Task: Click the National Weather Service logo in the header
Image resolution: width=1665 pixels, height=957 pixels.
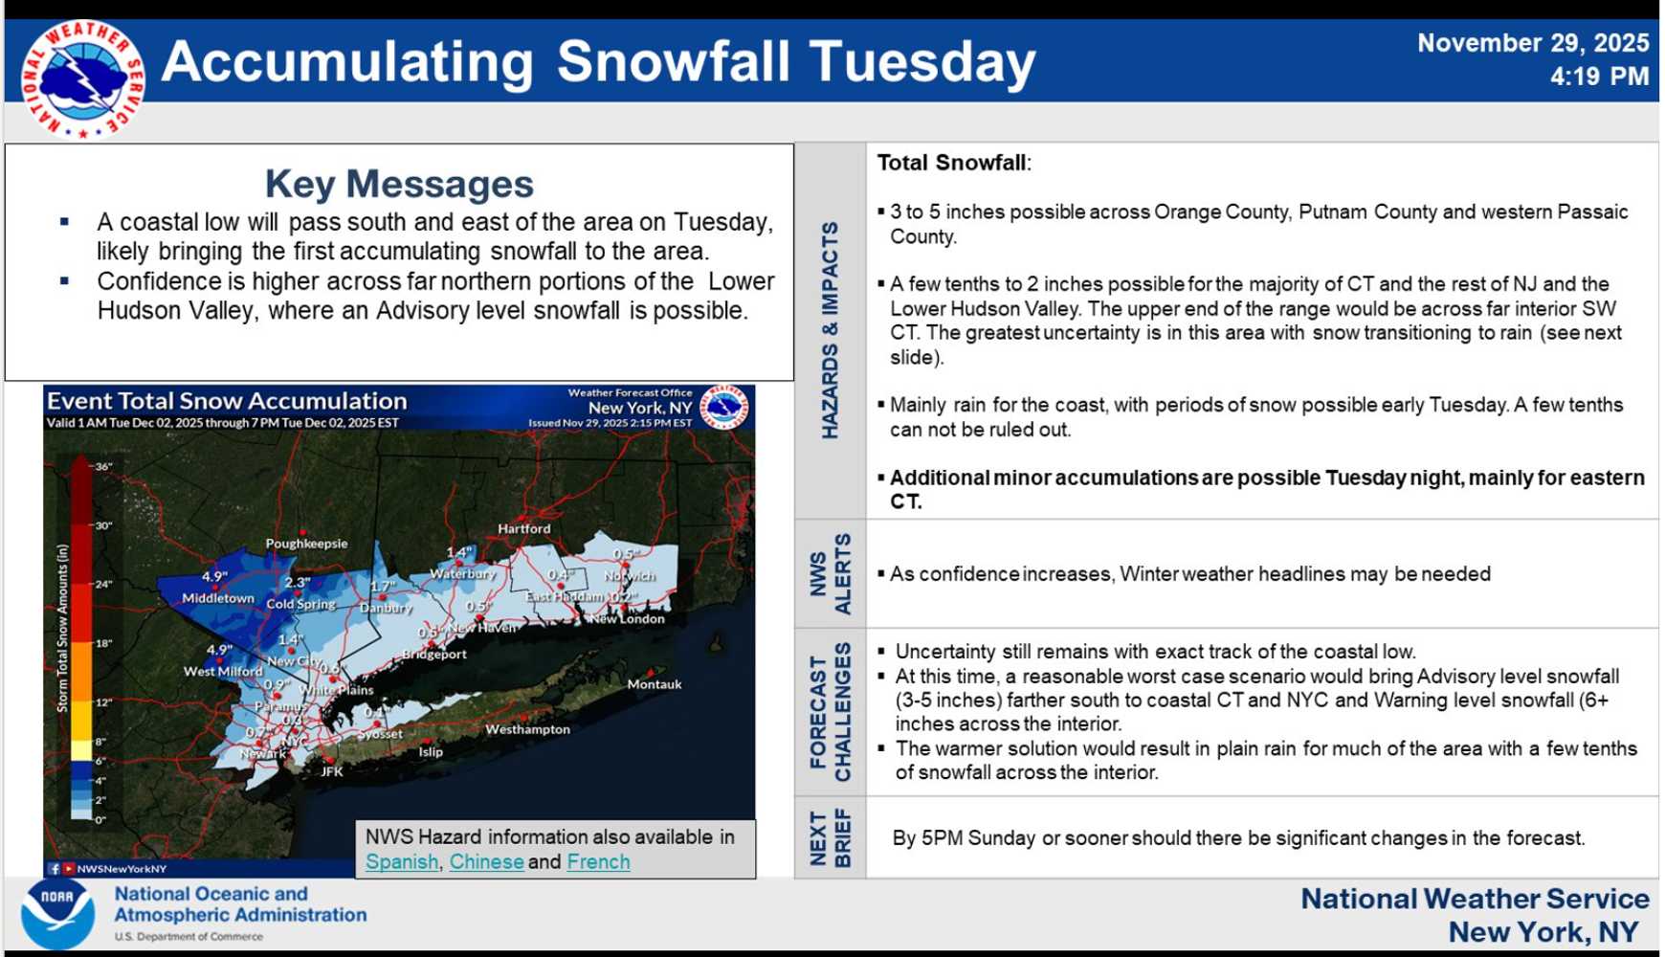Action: pyautogui.click(x=82, y=79)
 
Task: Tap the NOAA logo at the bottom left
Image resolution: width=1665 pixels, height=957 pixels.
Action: pyautogui.click(x=57, y=913)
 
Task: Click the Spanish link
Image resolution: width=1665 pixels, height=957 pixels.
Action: pyautogui.click(x=402, y=861)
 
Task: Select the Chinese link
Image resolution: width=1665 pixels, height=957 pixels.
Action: pyautogui.click(x=486, y=861)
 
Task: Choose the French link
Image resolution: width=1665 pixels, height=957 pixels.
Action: pyautogui.click(x=598, y=861)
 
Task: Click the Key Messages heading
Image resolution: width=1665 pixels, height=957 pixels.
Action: pyautogui.click(x=399, y=184)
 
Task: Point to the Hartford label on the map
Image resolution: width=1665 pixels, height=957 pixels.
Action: pyautogui.click(x=523, y=528)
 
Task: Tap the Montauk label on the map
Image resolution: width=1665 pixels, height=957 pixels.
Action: pyautogui.click(x=655, y=684)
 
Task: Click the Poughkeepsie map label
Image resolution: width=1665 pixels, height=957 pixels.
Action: pyautogui.click(x=306, y=544)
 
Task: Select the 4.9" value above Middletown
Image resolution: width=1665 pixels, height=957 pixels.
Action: pyautogui.click(x=214, y=577)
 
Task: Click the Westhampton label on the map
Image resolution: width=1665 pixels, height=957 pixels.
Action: pyautogui.click(x=527, y=729)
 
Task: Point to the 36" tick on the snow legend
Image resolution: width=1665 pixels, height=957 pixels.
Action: pyautogui.click(x=103, y=466)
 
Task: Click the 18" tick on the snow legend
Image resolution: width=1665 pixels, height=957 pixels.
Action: pyautogui.click(x=103, y=643)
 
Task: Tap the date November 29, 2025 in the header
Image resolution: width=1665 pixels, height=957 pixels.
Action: pyautogui.click(x=1532, y=43)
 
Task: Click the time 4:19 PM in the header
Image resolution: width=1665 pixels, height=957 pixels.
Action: pyautogui.click(x=1599, y=77)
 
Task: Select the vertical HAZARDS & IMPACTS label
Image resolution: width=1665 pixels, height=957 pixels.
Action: pyautogui.click(x=830, y=330)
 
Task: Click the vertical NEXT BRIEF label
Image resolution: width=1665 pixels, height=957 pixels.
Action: pyautogui.click(x=830, y=837)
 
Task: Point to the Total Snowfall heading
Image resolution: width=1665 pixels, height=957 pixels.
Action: pyautogui.click(x=953, y=163)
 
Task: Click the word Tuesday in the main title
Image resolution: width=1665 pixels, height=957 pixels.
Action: pyautogui.click(x=922, y=62)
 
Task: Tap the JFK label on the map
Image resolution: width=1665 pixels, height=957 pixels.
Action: pyautogui.click(x=331, y=771)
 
